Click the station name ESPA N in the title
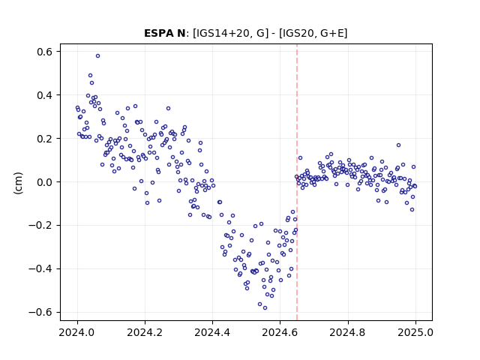point(164,33)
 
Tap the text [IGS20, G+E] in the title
point(313,33)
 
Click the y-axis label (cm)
point(18,183)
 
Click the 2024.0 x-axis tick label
point(77,332)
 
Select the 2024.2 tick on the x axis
point(145,332)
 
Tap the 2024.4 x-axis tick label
point(212,332)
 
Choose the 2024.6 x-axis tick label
point(280,332)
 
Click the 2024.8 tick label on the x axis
point(348,332)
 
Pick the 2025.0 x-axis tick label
point(415,332)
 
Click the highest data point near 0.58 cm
point(97,56)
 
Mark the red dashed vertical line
point(297,182)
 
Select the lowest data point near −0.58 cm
point(265,308)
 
